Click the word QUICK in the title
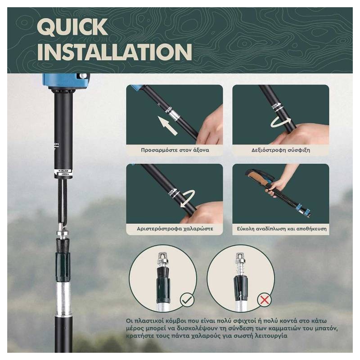click(72, 27)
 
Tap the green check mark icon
click(187, 300)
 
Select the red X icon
click(264, 300)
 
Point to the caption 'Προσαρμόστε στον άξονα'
click(175, 150)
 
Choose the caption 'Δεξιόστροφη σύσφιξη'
click(280, 150)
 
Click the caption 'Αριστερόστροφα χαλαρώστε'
click(175, 229)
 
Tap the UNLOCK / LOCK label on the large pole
click(63, 172)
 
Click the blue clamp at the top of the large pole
click(66, 81)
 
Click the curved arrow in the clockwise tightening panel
click(280, 122)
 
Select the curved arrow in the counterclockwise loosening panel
click(188, 199)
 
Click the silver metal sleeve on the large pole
click(63, 299)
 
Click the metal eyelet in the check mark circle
click(162, 257)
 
